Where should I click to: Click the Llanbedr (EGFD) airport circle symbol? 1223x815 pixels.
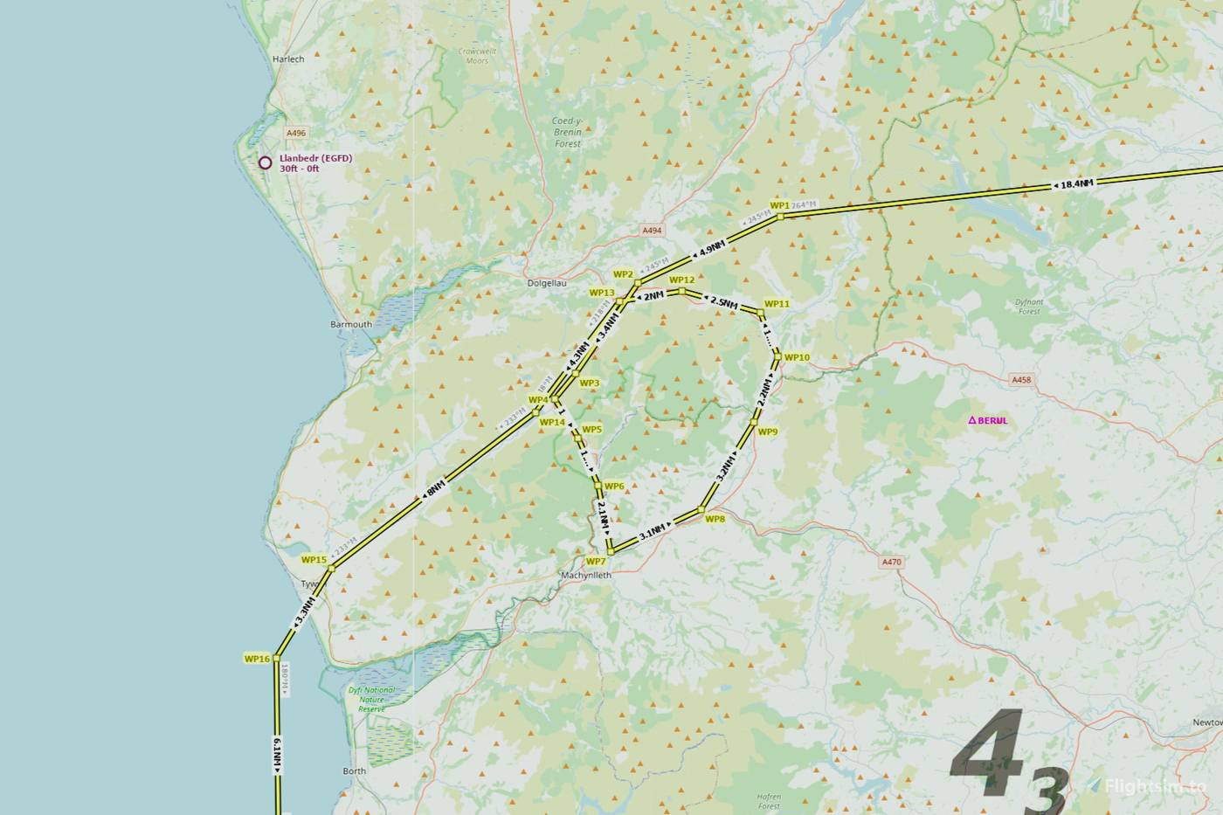tap(265, 162)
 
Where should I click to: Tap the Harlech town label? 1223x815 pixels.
tap(288, 59)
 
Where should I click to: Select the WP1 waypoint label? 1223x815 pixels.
tap(779, 206)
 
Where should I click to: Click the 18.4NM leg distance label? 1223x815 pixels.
tap(1075, 184)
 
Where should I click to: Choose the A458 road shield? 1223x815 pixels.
tap(1020, 380)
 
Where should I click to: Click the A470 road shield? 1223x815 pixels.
tap(891, 563)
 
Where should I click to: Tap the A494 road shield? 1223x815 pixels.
tap(652, 231)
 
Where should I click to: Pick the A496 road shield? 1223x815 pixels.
tap(296, 134)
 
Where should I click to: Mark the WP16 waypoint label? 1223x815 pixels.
tap(257, 659)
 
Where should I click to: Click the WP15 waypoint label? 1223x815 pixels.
tap(314, 560)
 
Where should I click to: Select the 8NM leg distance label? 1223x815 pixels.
tap(435, 487)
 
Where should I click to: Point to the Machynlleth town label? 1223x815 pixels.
tap(586, 576)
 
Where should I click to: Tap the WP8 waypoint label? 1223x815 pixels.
tap(715, 519)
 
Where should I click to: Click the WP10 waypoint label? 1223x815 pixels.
tap(797, 357)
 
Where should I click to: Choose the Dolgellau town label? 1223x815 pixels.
tap(547, 283)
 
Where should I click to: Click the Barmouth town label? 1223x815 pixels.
tap(351, 324)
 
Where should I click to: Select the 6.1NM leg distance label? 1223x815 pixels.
tap(278, 755)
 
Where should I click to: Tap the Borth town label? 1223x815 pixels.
tap(355, 771)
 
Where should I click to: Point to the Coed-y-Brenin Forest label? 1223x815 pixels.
tap(568, 132)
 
